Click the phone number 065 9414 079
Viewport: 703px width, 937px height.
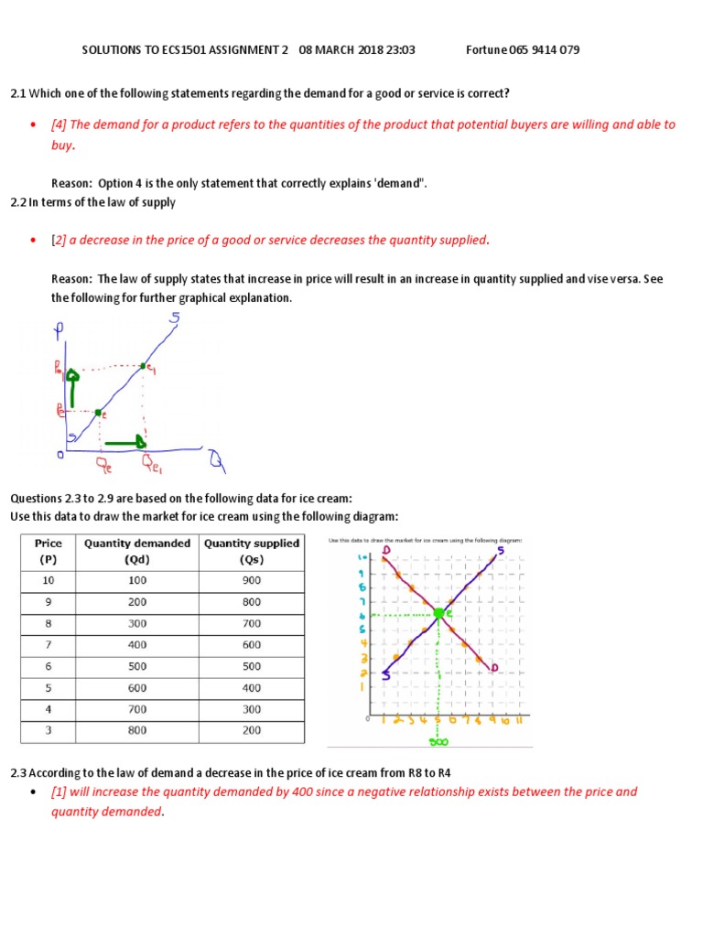pos(546,49)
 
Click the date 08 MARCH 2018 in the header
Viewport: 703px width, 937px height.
pos(343,49)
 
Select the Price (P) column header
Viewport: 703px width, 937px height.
pos(48,551)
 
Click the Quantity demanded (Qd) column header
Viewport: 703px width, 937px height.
pos(137,551)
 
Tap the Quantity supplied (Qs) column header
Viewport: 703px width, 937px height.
pos(251,551)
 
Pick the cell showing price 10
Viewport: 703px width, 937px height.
pos(48,580)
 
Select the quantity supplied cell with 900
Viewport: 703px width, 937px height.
pos(251,580)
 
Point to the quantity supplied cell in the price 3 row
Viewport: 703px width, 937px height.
pos(251,730)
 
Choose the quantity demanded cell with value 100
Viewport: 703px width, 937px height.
pos(137,580)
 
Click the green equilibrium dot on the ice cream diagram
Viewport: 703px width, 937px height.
pos(439,613)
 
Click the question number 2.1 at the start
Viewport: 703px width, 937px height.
pos(19,93)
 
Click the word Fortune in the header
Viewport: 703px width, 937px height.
pos(487,49)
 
